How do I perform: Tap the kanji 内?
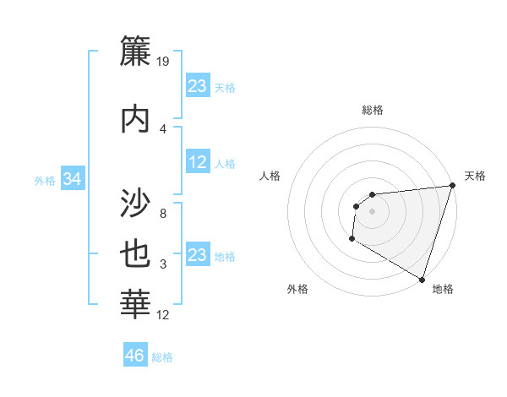[x=136, y=118]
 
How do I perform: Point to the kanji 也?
[x=136, y=256]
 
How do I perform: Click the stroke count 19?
[x=163, y=61]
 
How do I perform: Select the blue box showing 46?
[x=135, y=356]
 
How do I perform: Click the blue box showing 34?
[x=73, y=179]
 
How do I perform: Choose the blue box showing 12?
[x=198, y=163]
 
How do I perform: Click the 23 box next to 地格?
[x=198, y=256]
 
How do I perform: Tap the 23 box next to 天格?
[x=198, y=86]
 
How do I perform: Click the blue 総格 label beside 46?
[x=162, y=357]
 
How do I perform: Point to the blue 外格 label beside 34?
[x=45, y=181]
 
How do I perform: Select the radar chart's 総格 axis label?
[x=372, y=110]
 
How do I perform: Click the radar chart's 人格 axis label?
[x=270, y=176]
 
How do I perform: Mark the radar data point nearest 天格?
[x=452, y=186]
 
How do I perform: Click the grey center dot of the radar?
[x=372, y=211]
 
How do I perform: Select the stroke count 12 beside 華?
[x=163, y=315]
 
